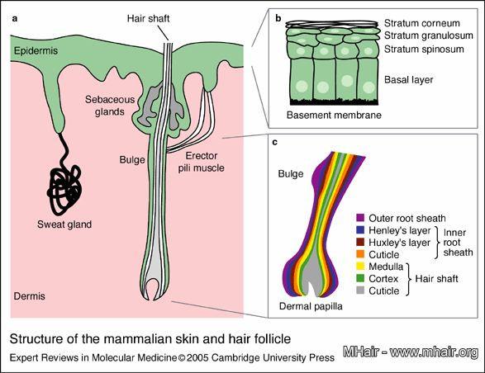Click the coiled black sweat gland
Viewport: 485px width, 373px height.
pyautogui.click(x=65, y=188)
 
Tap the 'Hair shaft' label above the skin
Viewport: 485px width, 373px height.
pyautogui.click(x=148, y=18)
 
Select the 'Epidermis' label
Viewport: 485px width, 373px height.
pyautogui.click(x=36, y=50)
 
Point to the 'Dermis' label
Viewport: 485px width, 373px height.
pyautogui.click(x=30, y=296)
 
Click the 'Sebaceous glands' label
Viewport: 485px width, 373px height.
pyautogui.click(x=110, y=106)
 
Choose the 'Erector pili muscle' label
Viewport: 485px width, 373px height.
pyautogui.click(x=201, y=162)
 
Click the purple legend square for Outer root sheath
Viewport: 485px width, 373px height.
pyautogui.click(x=360, y=218)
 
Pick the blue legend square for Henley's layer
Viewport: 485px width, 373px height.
pyautogui.click(x=360, y=230)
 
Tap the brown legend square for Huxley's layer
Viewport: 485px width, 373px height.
pyautogui.click(x=360, y=242)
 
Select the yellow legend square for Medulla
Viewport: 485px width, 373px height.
pyautogui.click(x=360, y=266)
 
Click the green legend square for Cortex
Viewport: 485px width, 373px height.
pyautogui.click(x=360, y=278)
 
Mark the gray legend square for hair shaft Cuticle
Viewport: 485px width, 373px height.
pyautogui.click(x=360, y=290)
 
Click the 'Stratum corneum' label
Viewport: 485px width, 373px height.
pyautogui.click(x=422, y=23)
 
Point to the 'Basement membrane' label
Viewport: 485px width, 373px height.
pyautogui.click(x=334, y=115)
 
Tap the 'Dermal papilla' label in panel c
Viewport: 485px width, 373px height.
pyautogui.click(x=311, y=306)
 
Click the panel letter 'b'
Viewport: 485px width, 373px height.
pyautogui.click(x=278, y=18)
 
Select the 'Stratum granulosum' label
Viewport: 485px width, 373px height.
pyautogui.click(x=429, y=35)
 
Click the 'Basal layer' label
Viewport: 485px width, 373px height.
pyautogui.click(x=409, y=80)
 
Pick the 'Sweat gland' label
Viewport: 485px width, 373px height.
pyautogui.click(x=64, y=224)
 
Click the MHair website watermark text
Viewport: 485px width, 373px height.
pyautogui.click(x=411, y=352)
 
